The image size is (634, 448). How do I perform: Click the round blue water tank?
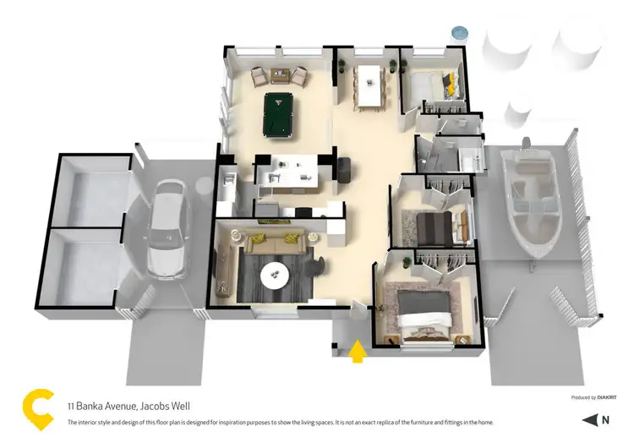tap(459, 33)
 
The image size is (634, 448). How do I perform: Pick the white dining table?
tap(369, 85)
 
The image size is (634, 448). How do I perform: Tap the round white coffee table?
tap(275, 274)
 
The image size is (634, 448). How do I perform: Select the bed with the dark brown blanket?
tap(437, 226)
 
